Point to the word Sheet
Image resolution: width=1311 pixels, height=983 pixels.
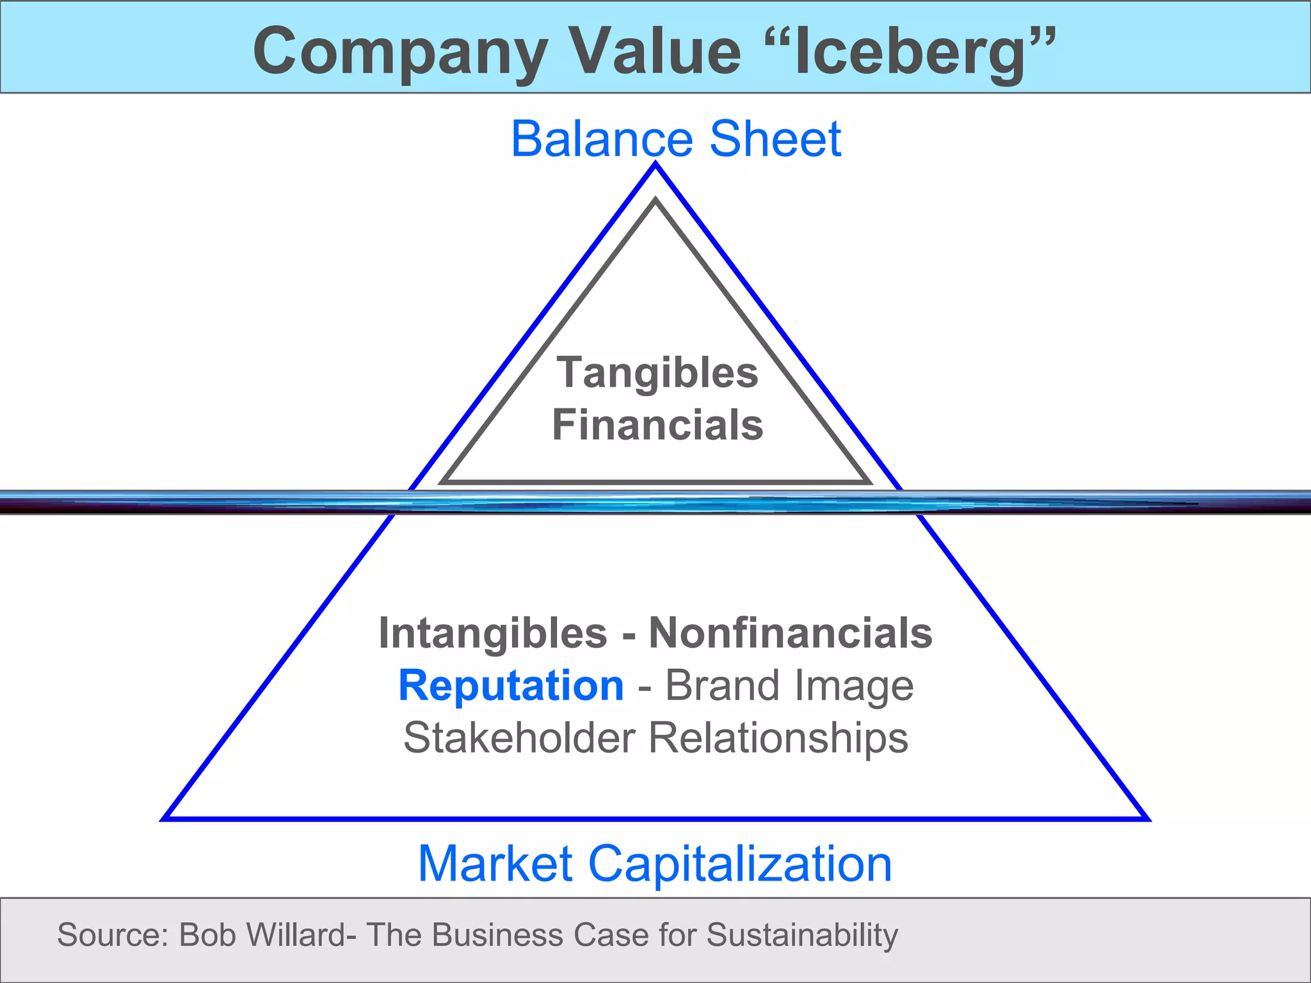775,139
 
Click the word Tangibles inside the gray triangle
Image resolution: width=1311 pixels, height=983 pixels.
657,373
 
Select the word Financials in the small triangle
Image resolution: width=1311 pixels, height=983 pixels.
657,426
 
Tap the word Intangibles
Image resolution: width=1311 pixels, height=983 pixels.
493,634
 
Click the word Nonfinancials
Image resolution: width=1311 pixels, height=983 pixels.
791,634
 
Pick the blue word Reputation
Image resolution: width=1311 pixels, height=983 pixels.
511,685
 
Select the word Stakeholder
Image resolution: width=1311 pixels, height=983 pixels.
519,738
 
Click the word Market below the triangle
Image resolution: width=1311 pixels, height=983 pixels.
495,864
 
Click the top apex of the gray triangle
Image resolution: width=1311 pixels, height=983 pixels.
655,200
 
